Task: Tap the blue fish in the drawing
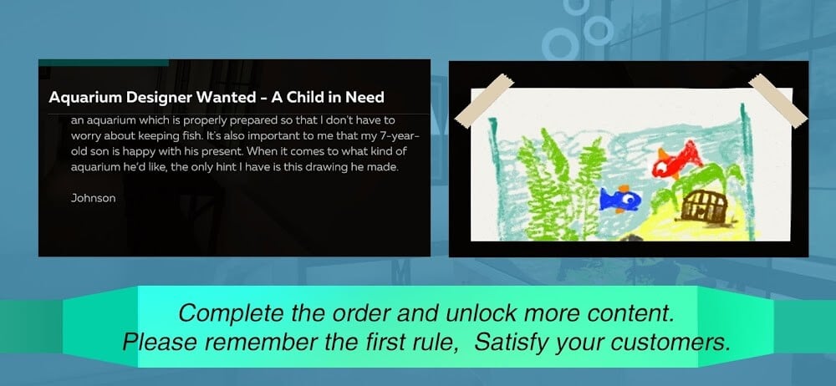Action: click(x=620, y=199)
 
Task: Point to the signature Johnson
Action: click(x=93, y=198)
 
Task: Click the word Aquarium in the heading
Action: click(x=84, y=98)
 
